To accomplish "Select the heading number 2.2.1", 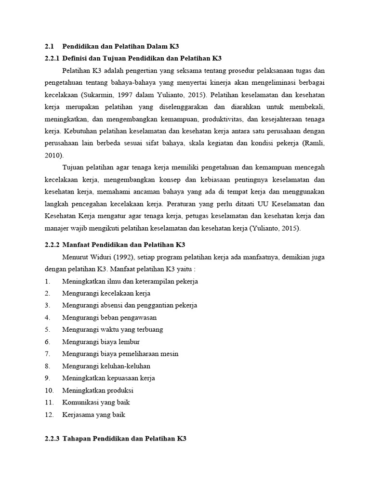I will click(x=51, y=58).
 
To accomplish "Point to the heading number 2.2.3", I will click(x=51, y=439).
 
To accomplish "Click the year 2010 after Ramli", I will click(x=53, y=155).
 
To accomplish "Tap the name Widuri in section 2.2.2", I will click(x=100, y=258).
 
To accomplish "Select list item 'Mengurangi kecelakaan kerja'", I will click(x=106, y=293).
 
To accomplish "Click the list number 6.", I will click(x=47, y=341).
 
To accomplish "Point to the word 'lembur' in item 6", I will click(x=130, y=341).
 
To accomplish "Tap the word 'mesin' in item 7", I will click(x=169, y=353).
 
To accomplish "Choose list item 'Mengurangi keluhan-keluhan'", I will click(x=106, y=365).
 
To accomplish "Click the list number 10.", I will click(x=49, y=390).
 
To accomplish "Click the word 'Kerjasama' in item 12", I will click(x=78, y=414).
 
